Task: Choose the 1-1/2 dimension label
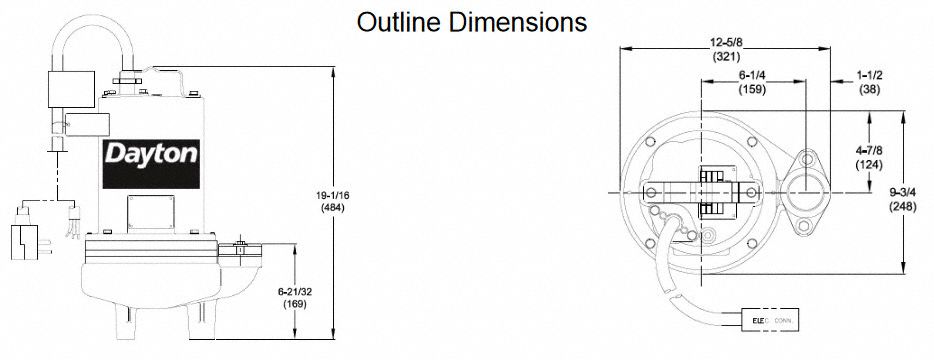coord(871,74)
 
